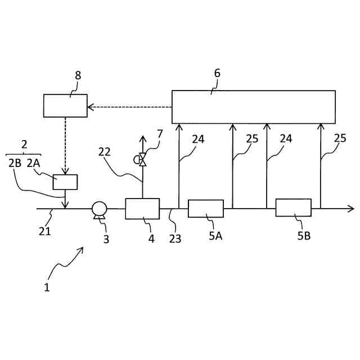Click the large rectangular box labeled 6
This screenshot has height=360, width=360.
click(253, 106)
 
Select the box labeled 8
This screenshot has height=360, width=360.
click(65, 106)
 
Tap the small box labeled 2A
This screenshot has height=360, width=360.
click(65, 182)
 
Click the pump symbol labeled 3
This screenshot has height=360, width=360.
click(100, 209)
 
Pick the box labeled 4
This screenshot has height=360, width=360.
click(142, 208)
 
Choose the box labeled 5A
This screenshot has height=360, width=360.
click(205, 208)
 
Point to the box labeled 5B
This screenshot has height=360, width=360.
click(293, 208)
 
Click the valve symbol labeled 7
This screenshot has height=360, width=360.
click(142, 160)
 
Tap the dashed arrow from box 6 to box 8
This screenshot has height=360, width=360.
click(129, 106)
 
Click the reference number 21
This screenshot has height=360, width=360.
click(45, 231)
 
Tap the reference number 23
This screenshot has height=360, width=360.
click(175, 238)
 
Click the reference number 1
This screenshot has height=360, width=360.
click(47, 287)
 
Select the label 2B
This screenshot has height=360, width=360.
click(15, 163)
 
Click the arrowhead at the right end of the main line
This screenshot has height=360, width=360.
click(351, 208)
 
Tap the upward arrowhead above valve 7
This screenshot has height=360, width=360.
click(142, 138)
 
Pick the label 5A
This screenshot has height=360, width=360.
click(215, 236)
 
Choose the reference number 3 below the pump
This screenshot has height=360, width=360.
click(106, 240)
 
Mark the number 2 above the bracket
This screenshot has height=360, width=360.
click(24, 145)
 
